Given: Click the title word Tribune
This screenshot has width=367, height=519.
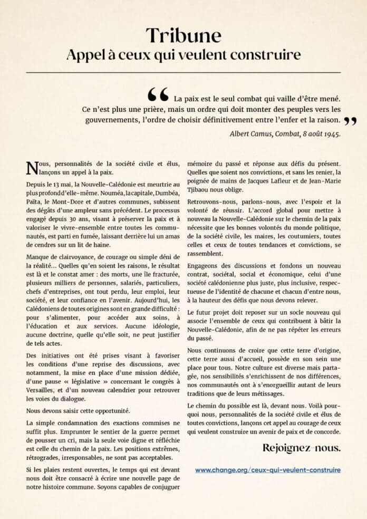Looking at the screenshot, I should pyautogui.click(x=183, y=35).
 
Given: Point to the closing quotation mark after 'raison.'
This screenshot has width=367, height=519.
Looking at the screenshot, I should pyautogui.click(x=350, y=121).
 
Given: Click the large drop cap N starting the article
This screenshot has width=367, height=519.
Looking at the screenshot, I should pyautogui.click(x=32, y=167).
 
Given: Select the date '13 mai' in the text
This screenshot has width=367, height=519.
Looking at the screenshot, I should pyautogui.click(x=62, y=185).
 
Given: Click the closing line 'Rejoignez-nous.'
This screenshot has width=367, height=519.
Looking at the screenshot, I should pyautogui.click(x=301, y=448).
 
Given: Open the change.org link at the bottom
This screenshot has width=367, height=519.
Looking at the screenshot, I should pyautogui.click(x=267, y=469).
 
